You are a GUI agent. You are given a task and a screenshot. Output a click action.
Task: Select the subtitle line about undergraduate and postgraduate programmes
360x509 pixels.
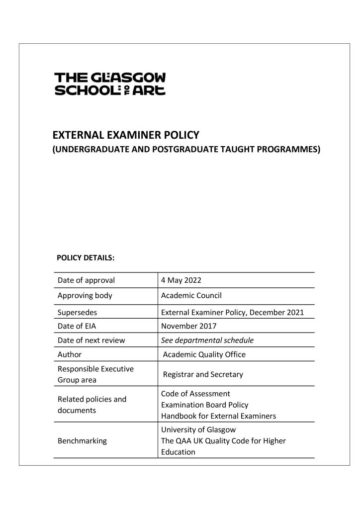click(x=186, y=149)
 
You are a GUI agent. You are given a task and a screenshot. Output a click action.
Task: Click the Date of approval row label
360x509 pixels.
click(x=86, y=280)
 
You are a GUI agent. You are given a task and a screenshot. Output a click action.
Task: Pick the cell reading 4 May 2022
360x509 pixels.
click(x=180, y=280)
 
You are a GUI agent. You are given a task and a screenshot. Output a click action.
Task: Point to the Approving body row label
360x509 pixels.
click(x=85, y=295)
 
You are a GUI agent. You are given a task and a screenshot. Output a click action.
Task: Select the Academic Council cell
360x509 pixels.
click(x=191, y=295)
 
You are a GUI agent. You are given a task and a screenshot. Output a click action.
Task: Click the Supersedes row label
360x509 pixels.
click(x=77, y=313)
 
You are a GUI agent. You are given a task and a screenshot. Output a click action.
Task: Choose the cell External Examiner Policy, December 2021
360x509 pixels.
click(x=232, y=313)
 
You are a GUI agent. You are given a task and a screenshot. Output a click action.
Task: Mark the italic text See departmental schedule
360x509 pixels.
click(x=207, y=340)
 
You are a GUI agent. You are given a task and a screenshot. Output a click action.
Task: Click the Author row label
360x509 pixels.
click(x=70, y=355)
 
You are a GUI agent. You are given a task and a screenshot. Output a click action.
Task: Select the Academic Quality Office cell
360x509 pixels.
click(x=204, y=355)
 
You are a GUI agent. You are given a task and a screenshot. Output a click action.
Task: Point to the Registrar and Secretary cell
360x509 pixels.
click(x=202, y=374)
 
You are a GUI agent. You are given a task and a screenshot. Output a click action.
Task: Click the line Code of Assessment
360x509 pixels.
click(x=195, y=394)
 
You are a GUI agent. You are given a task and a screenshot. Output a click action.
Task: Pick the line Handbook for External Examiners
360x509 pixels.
click(x=217, y=416)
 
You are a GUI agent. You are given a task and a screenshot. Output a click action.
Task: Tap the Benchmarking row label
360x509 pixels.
click(x=83, y=440)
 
